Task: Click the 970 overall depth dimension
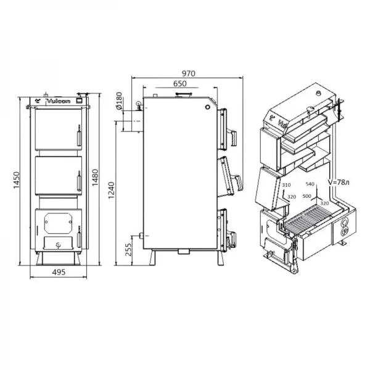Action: click(x=189, y=73)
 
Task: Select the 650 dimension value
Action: click(x=180, y=83)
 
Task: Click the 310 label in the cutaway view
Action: click(x=286, y=185)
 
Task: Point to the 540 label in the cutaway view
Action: click(x=310, y=184)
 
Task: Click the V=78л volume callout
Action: click(x=340, y=183)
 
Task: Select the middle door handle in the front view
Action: click(x=78, y=179)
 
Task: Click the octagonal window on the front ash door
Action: click(x=57, y=220)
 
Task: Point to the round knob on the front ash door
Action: click(x=57, y=244)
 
